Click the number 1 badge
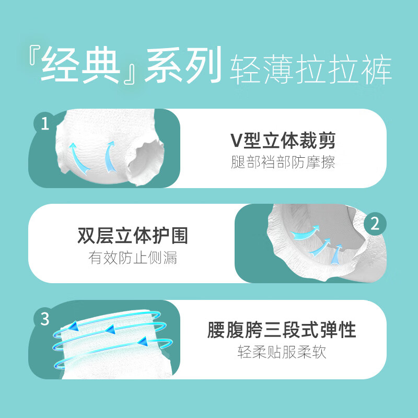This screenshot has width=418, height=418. coord(45,123)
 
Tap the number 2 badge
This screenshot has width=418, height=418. coord(375,224)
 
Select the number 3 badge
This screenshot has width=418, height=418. coord(45,319)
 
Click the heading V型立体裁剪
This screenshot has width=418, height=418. coord(283,140)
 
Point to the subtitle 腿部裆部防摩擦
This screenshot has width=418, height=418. coord(283,162)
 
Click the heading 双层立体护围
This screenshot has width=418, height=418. coord(133,236)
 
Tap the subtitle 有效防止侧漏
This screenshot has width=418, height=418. coord(133,258)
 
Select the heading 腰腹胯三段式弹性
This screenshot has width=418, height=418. coord(282,330)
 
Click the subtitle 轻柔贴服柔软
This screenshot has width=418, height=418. coord(282,352)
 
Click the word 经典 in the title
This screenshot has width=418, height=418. coord(80,65)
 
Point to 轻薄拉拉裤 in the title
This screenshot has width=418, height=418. coord(311,69)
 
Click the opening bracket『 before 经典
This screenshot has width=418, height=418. coord(34,55)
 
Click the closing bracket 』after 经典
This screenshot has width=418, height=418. coord(130,75)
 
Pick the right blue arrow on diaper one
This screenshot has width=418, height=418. coord(109,157)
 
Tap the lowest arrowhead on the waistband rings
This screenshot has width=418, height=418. coord(143,342)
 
